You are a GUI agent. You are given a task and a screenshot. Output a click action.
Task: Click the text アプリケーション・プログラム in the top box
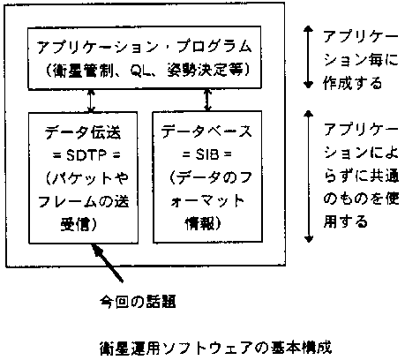click(144, 47)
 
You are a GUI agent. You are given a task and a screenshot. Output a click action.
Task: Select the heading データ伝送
click(83, 132)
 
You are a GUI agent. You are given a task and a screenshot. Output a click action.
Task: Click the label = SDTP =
click(86, 155)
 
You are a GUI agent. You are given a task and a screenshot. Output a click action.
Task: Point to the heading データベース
click(206, 131)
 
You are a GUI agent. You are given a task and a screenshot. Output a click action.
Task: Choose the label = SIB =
click(206, 154)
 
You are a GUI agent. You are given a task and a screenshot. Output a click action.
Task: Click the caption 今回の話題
click(138, 302)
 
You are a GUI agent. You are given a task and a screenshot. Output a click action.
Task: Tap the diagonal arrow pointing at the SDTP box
click(107, 263)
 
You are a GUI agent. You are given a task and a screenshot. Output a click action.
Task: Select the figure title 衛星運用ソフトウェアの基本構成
click(215, 349)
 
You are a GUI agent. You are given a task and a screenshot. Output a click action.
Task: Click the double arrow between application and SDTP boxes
click(91, 101)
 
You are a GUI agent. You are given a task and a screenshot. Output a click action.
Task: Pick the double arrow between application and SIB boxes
click(207, 100)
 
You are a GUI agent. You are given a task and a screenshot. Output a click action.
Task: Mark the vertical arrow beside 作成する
click(308, 57)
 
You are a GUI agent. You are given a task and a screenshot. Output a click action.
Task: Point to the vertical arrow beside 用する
click(308, 176)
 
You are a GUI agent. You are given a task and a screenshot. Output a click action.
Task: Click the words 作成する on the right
click(352, 83)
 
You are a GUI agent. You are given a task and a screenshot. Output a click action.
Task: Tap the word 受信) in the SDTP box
click(79, 225)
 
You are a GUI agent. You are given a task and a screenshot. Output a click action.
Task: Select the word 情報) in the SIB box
click(203, 223)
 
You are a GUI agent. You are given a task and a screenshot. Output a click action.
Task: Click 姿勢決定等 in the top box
click(205, 71)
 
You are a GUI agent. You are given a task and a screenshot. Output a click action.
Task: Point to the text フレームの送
click(83, 202)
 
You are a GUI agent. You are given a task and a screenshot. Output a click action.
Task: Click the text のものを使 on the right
click(361, 199)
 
